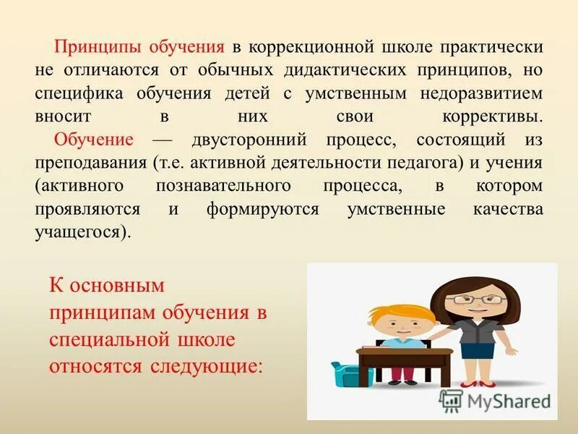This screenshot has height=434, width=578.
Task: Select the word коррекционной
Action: pyautogui.click(x=308, y=47)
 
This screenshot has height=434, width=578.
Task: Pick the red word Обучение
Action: pyautogui.click(x=94, y=140)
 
